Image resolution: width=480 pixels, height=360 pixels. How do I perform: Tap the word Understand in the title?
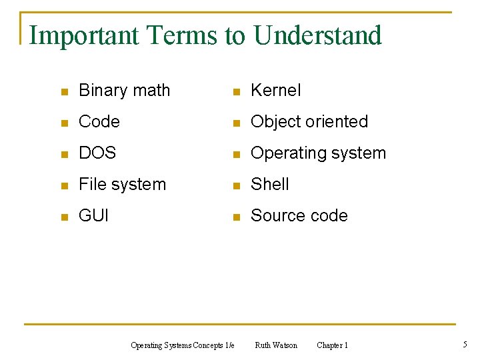(317, 35)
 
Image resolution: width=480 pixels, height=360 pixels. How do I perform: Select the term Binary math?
(124, 91)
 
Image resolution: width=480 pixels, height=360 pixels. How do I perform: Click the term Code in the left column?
(99, 122)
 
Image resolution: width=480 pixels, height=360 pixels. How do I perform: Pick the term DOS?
(97, 153)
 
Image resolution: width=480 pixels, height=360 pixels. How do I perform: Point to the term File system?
(122, 185)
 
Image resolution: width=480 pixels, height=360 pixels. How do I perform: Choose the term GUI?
(93, 216)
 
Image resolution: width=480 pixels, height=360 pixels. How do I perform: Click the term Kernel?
(275, 91)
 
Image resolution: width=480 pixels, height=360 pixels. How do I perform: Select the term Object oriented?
(309, 122)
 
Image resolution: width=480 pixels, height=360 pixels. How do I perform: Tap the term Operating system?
(318, 153)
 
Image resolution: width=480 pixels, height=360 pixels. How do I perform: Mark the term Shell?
(269, 185)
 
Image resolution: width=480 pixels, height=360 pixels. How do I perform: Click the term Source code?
(299, 216)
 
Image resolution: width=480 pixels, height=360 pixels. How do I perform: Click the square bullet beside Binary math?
(63, 92)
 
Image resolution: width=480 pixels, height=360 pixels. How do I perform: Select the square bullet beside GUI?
(63, 217)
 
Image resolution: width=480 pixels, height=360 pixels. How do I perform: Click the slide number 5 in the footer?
(465, 345)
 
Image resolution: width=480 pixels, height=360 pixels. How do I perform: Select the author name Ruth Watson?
(276, 345)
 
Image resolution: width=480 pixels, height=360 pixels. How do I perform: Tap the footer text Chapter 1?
(332, 345)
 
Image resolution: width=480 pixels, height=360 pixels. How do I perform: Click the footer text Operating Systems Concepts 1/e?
(182, 345)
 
